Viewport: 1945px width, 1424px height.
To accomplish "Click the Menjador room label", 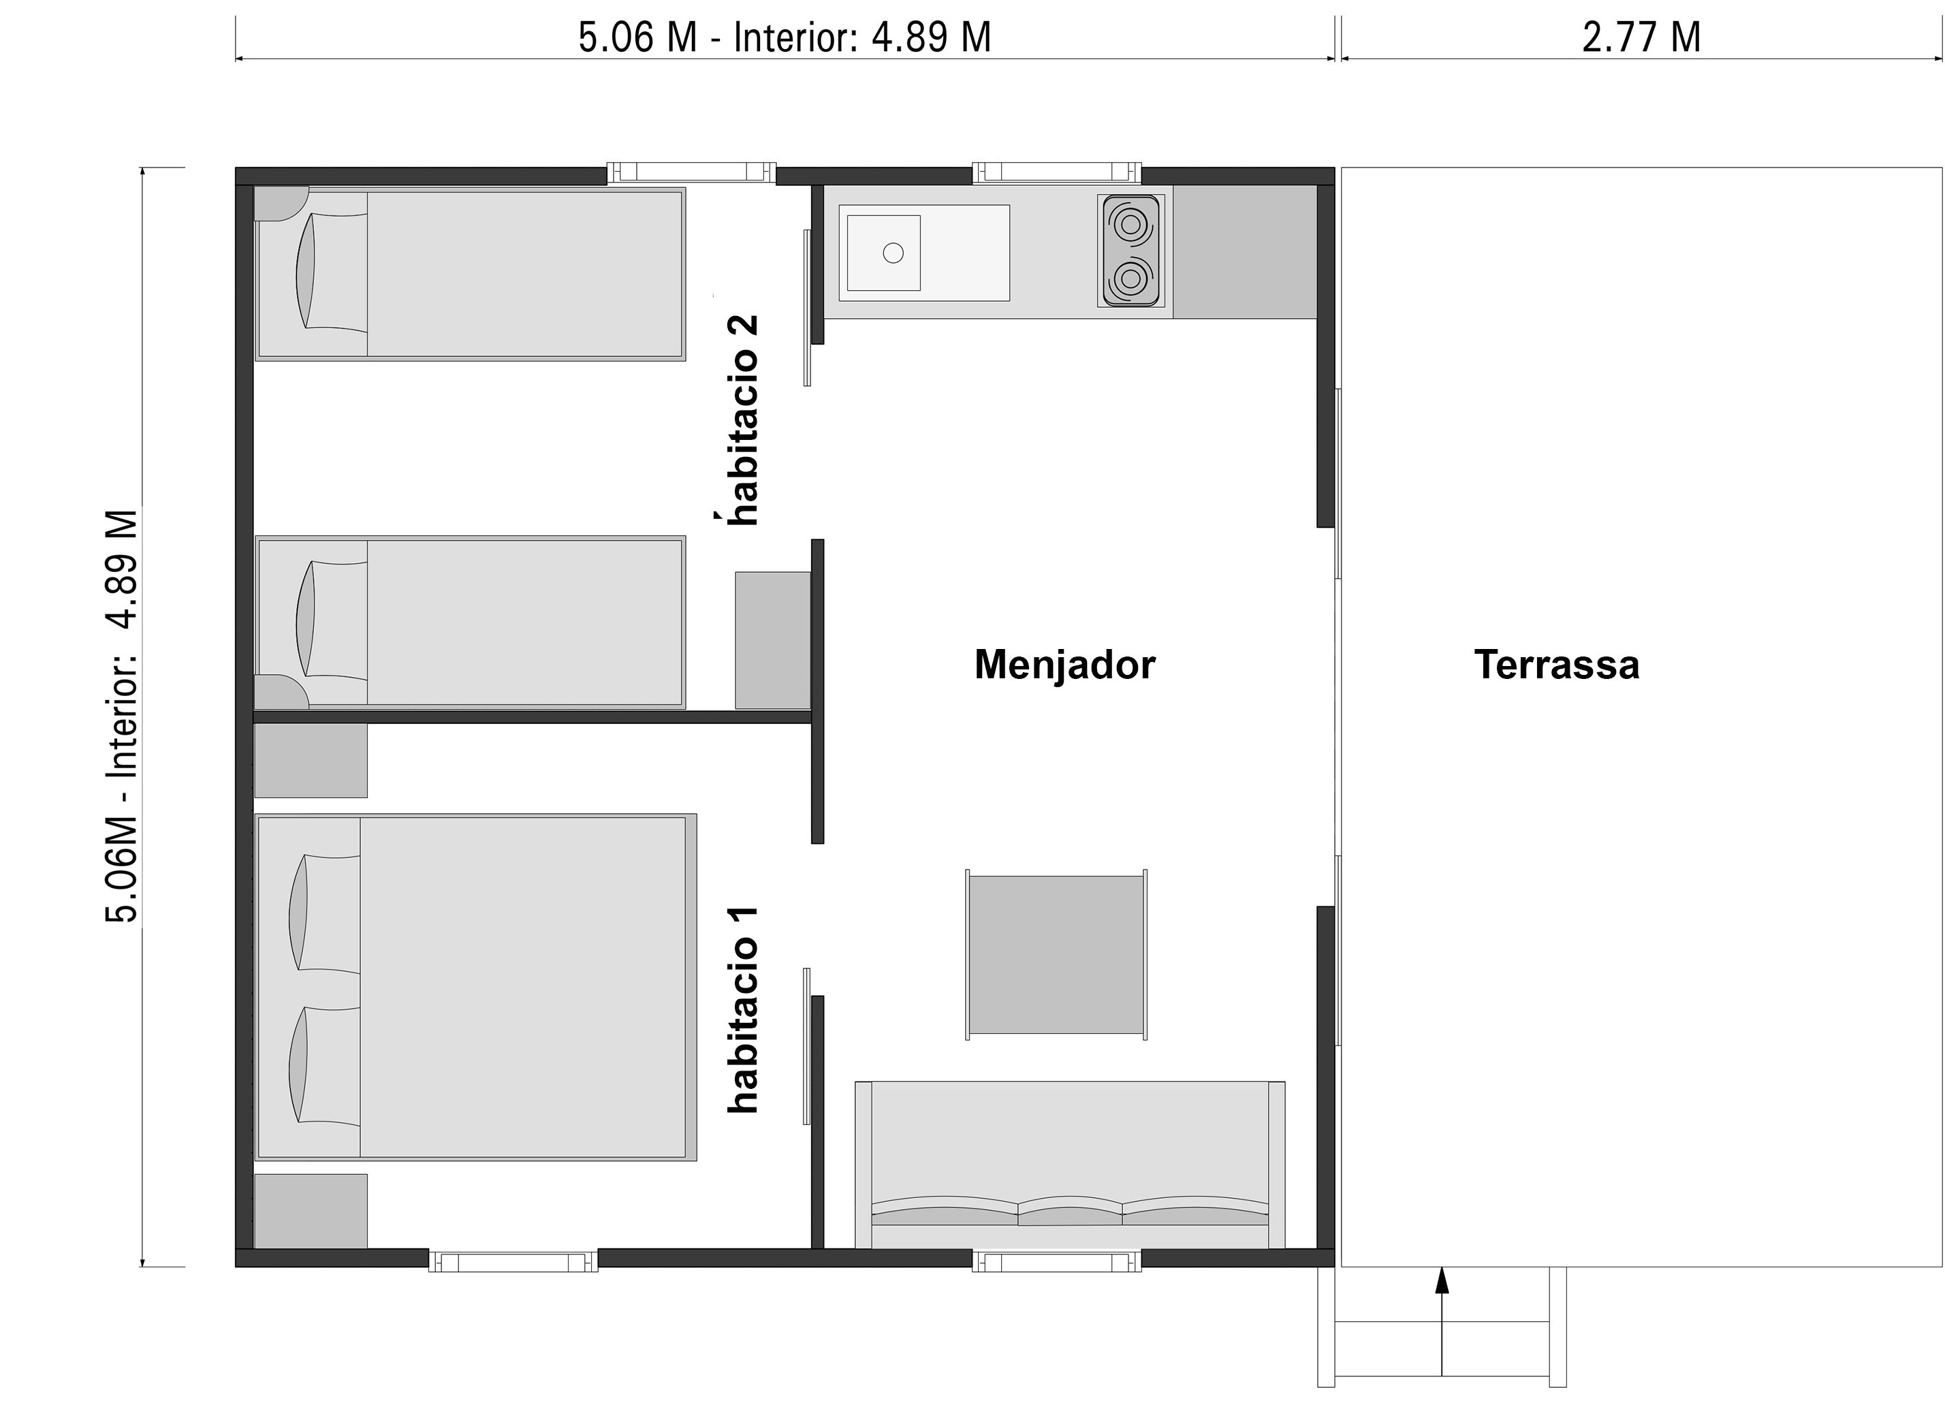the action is tap(1064, 665).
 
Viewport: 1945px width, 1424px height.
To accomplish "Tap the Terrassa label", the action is tap(1556, 665).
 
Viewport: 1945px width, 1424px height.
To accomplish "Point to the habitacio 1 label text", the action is tap(742, 1009).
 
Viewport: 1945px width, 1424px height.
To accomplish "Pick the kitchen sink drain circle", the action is tap(894, 253).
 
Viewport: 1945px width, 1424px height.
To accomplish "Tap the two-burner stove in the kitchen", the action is tap(1130, 251).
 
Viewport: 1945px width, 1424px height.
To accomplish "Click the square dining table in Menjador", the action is tap(1056, 955).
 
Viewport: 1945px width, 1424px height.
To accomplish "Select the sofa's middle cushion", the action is tap(1069, 1210).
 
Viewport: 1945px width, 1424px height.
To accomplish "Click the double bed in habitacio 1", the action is tap(475, 987).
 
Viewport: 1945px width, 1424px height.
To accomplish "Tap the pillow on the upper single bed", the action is tap(306, 270).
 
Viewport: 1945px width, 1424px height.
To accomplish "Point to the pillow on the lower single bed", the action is tap(306, 619).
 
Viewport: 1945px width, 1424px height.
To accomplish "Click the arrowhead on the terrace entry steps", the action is tap(1442, 1280).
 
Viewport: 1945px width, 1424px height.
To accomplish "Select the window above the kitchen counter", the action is tap(1056, 173).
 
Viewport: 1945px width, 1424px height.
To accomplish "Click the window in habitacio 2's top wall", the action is tap(691, 173).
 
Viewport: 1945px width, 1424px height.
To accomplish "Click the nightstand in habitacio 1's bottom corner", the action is tap(311, 1211).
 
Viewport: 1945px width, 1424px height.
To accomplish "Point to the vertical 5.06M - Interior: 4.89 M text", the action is tap(121, 716).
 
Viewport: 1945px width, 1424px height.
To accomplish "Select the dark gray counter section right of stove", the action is tap(1244, 252).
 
